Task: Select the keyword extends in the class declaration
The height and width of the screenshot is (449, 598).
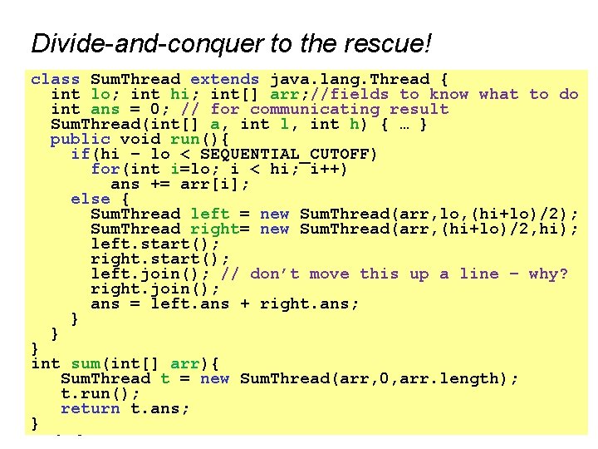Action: pos(224,79)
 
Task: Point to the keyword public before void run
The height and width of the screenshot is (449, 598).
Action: pos(80,139)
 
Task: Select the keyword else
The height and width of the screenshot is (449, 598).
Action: pos(90,199)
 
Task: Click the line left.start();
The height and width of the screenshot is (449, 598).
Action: pos(154,244)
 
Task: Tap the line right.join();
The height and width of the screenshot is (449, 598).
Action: pos(154,289)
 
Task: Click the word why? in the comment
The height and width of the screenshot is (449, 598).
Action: pos(548,274)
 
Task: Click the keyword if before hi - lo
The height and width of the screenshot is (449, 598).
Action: pos(80,154)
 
